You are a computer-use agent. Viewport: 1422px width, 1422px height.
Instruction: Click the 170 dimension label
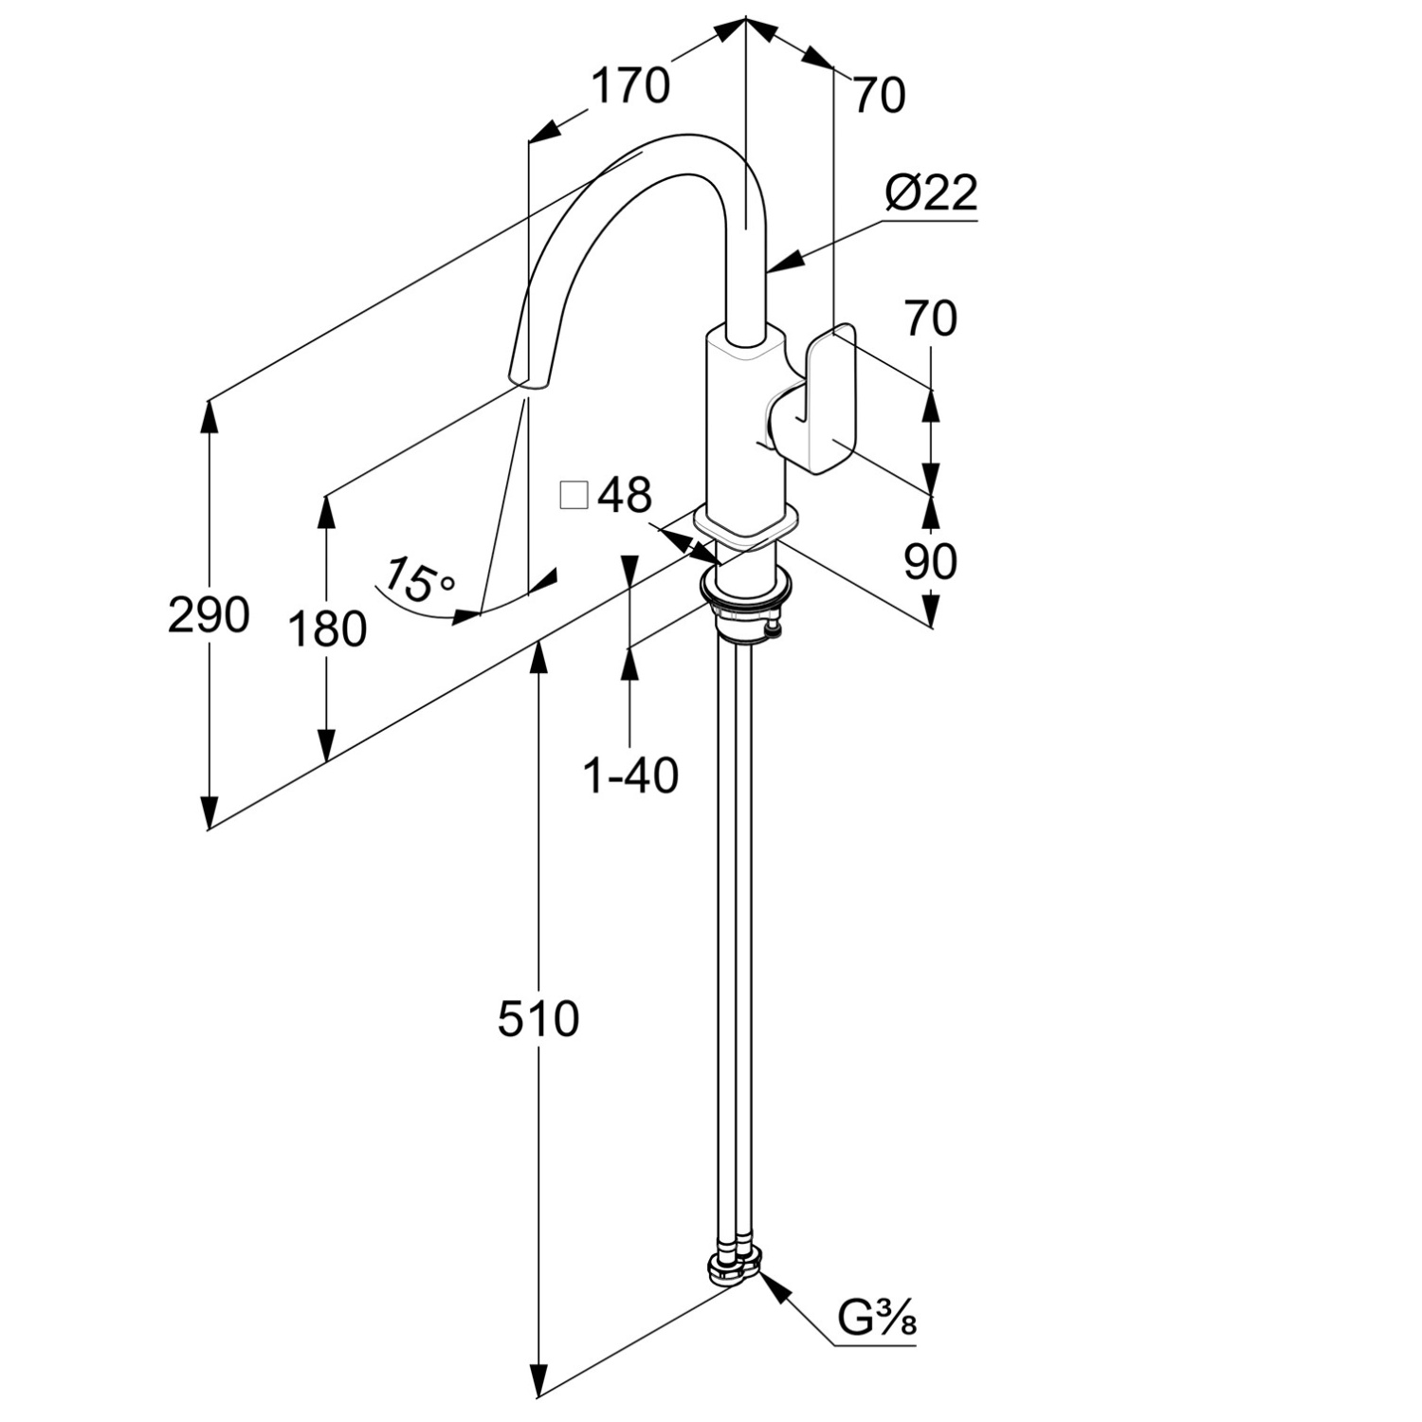630,86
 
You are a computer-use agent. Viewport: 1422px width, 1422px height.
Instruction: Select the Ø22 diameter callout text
931,194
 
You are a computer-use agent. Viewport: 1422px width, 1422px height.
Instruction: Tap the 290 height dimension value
209,615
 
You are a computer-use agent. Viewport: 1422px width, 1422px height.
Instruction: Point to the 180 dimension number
327,629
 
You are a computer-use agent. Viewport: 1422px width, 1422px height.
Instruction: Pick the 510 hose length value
538,1019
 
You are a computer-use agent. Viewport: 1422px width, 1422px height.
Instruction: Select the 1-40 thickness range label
630,776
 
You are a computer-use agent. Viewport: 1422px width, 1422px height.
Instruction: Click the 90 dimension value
930,562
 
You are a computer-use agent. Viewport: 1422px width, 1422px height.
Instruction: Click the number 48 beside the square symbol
626,495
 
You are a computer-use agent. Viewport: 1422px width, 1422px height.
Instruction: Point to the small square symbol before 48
574,496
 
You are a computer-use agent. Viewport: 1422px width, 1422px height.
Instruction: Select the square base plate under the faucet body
745,526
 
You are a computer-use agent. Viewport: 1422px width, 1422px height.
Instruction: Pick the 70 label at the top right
879,95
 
